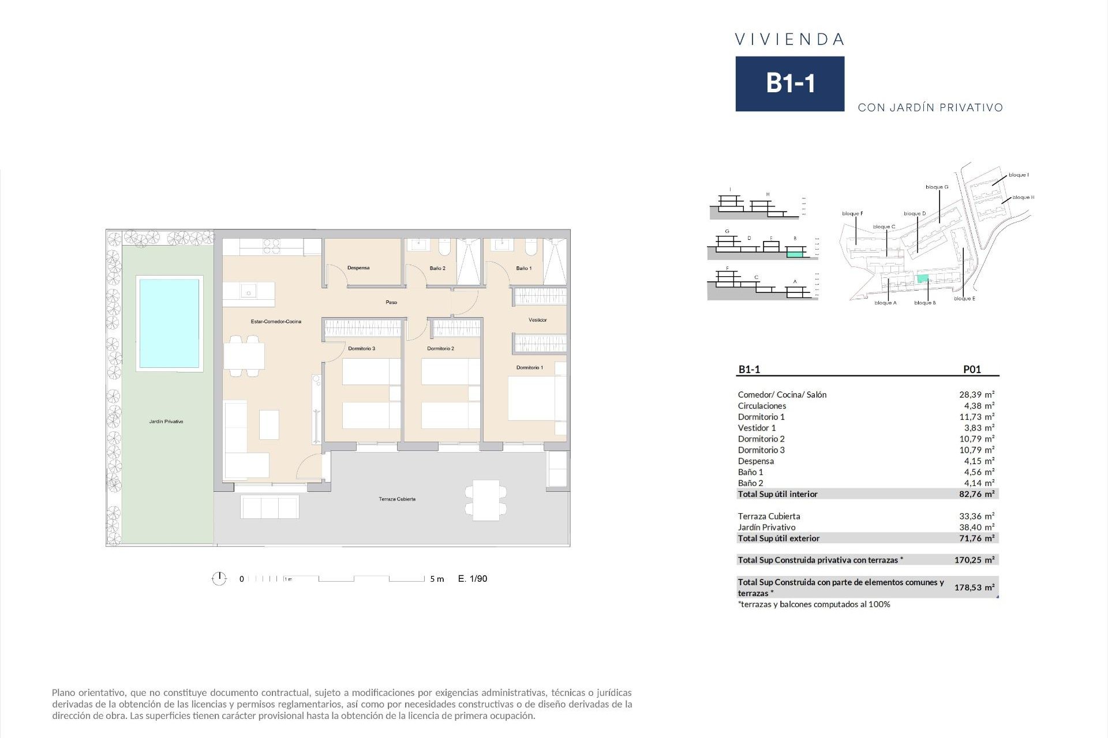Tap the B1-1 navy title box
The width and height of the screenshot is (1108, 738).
[x=789, y=84]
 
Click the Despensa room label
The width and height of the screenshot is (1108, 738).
[x=358, y=268]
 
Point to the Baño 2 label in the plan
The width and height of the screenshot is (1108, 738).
[x=437, y=269]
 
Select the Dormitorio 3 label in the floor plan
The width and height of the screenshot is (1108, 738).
[x=362, y=349]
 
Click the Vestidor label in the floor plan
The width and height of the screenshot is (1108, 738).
[x=537, y=320]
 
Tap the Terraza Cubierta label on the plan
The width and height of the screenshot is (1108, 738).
[x=397, y=499]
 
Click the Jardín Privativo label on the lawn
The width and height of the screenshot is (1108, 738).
[x=166, y=422]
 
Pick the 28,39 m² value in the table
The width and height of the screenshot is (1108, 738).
[x=976, y=395]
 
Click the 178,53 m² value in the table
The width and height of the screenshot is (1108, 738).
[x=974, y=588]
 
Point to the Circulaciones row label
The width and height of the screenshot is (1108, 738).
[x=762, y=406]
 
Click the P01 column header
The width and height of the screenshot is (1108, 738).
[x=972, y=370]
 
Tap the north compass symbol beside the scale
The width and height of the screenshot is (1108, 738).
[x=219, y=578]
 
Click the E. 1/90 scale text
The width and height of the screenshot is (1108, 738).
[x=473, y=579]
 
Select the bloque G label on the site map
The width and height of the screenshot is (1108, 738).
[x=937, y=187]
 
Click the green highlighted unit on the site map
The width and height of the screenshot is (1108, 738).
[x=923, y=279]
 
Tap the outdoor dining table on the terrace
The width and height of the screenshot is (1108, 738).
[x=486, y=500]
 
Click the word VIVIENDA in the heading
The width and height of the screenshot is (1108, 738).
[x=789, y=40]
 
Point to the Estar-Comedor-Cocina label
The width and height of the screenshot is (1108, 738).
[x=276, y=322]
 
